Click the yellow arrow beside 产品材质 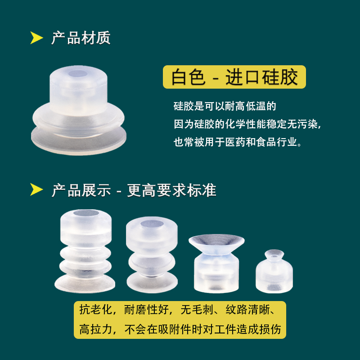click(36, 38)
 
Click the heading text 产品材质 click(81, 38)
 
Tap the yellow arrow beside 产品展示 click(36, 190)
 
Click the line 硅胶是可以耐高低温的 click(225, 107)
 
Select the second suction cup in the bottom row click(151, 254)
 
